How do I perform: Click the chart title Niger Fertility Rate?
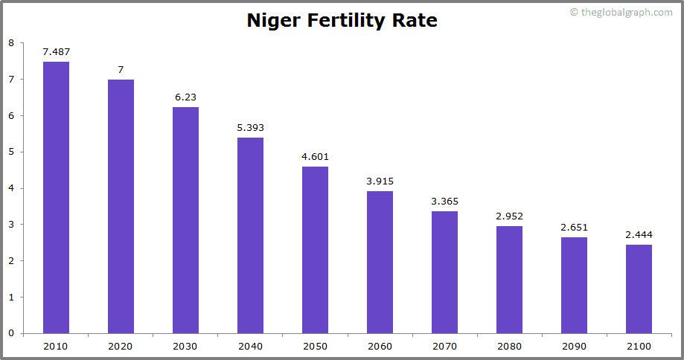(x=342, y=21)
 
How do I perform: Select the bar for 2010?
(x=56, y=197)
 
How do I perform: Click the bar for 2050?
(x=315, y=250)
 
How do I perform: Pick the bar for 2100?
(x=639, y=289)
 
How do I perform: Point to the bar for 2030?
(x=185, y=220)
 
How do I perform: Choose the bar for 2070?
(x=444, y=272)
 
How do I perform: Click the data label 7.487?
(x=56, y=51)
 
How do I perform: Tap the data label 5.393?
(x=250, y=127)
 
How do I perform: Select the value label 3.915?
(x=380, y=181)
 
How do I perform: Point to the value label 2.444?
(x=639, y=234)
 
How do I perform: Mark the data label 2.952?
(x=509, y=216)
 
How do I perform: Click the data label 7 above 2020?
(x=121, y=69)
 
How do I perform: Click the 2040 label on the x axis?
(x=250, y=347)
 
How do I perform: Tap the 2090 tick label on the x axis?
(x=574, y=347)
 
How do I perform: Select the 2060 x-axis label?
(x=380, y=347)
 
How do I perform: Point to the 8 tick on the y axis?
(x=10, y=43)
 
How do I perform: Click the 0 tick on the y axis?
(x=10, y=333)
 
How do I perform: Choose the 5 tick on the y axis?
(x=10, y=152)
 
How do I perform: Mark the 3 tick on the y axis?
(x=10, y=225)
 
